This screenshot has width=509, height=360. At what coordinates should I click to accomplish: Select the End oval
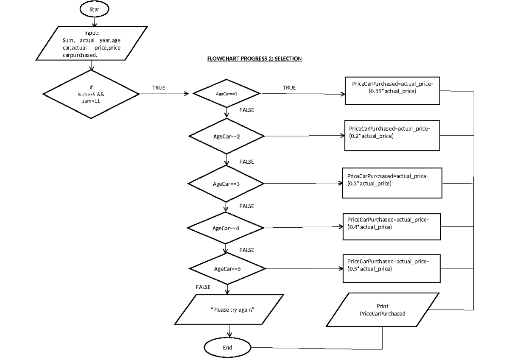(227, 347)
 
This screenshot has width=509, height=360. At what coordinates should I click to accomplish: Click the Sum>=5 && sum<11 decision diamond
(91, 94)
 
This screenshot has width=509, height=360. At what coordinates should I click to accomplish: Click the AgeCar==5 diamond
(227, 269)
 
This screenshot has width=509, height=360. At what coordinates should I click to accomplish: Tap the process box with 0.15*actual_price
(393, 91)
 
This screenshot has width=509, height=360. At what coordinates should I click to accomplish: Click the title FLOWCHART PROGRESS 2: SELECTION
(254, 59)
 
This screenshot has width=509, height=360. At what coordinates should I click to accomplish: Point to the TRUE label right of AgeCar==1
(289, 88)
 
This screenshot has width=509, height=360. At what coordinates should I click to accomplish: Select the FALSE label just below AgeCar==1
(246, 110)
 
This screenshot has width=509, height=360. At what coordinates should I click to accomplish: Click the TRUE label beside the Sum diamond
(159, 88)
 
